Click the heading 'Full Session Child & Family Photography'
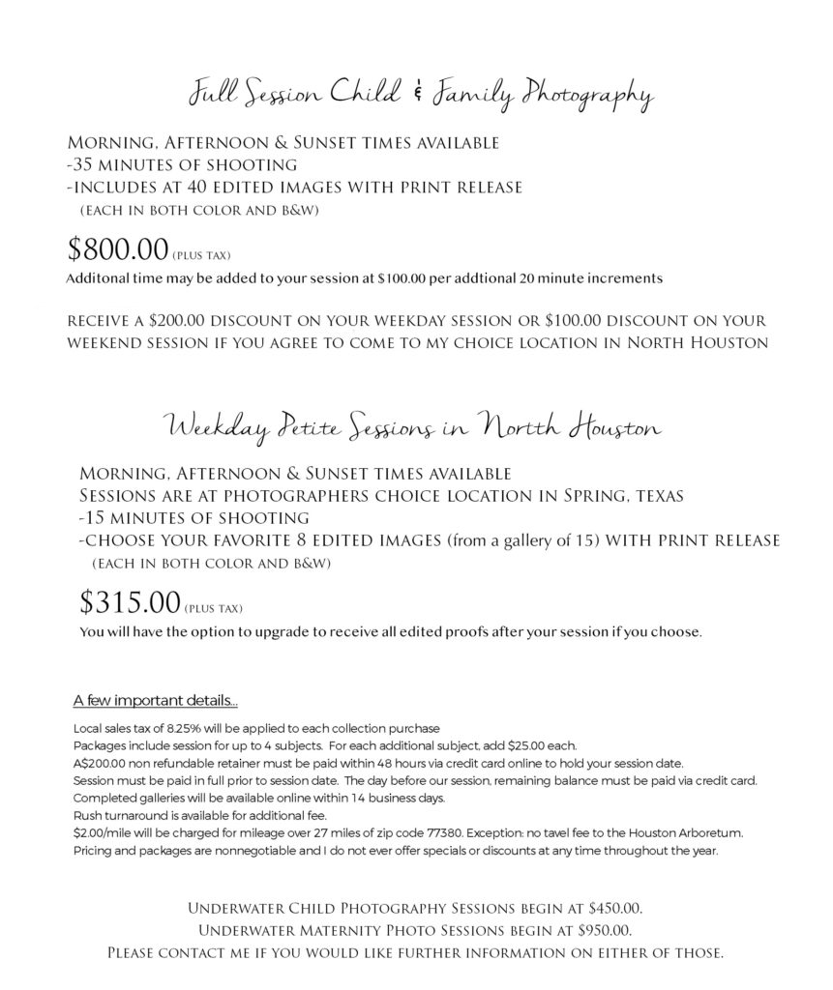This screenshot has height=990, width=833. pos(419,96)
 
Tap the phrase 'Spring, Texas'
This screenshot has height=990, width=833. pos(633,496)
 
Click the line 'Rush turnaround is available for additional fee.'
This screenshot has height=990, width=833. pos(192,815)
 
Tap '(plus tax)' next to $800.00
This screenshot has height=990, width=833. pos(201,257)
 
